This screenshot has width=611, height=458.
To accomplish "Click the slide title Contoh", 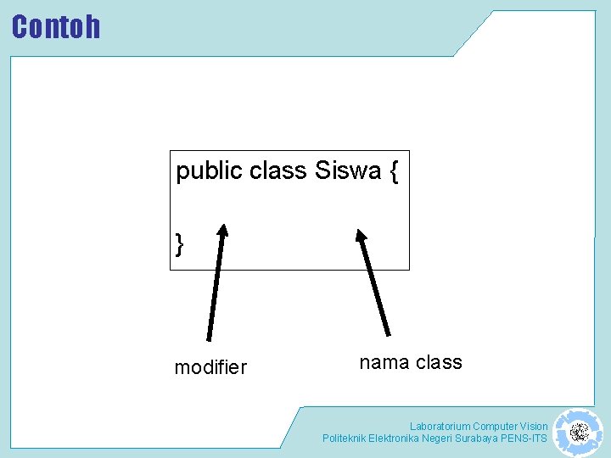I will (56, 27).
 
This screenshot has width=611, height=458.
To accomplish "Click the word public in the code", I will (209, 171).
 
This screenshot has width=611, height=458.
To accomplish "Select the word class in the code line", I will (277, 171).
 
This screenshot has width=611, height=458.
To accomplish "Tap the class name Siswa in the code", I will (348, 171).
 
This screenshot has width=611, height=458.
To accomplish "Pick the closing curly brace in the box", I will (179, 245).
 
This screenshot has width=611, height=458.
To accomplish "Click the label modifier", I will (210, 367).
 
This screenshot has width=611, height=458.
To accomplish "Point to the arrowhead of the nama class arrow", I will (361, 237).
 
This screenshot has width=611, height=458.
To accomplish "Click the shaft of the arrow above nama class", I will (375, 288).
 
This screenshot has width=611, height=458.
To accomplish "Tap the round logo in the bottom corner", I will (579, 433).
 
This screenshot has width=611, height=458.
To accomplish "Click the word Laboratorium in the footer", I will (440, 427).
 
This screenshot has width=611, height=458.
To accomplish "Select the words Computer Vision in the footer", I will (510, 427).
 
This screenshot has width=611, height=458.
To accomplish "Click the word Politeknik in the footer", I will (344, 438).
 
